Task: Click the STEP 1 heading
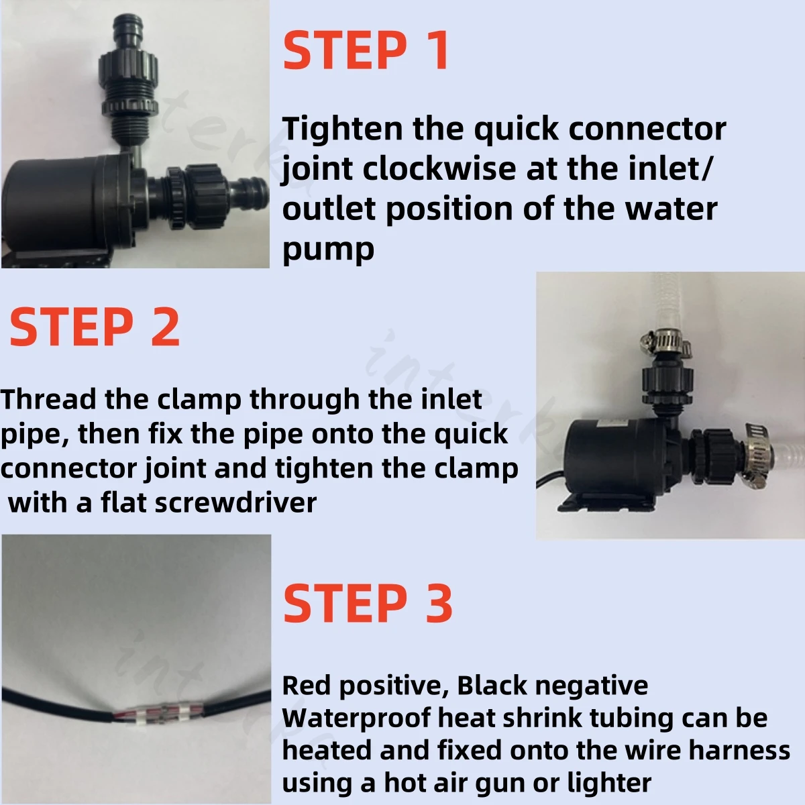(366, 51)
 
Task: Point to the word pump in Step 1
(328, 250)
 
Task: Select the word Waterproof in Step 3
(357, 718)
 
